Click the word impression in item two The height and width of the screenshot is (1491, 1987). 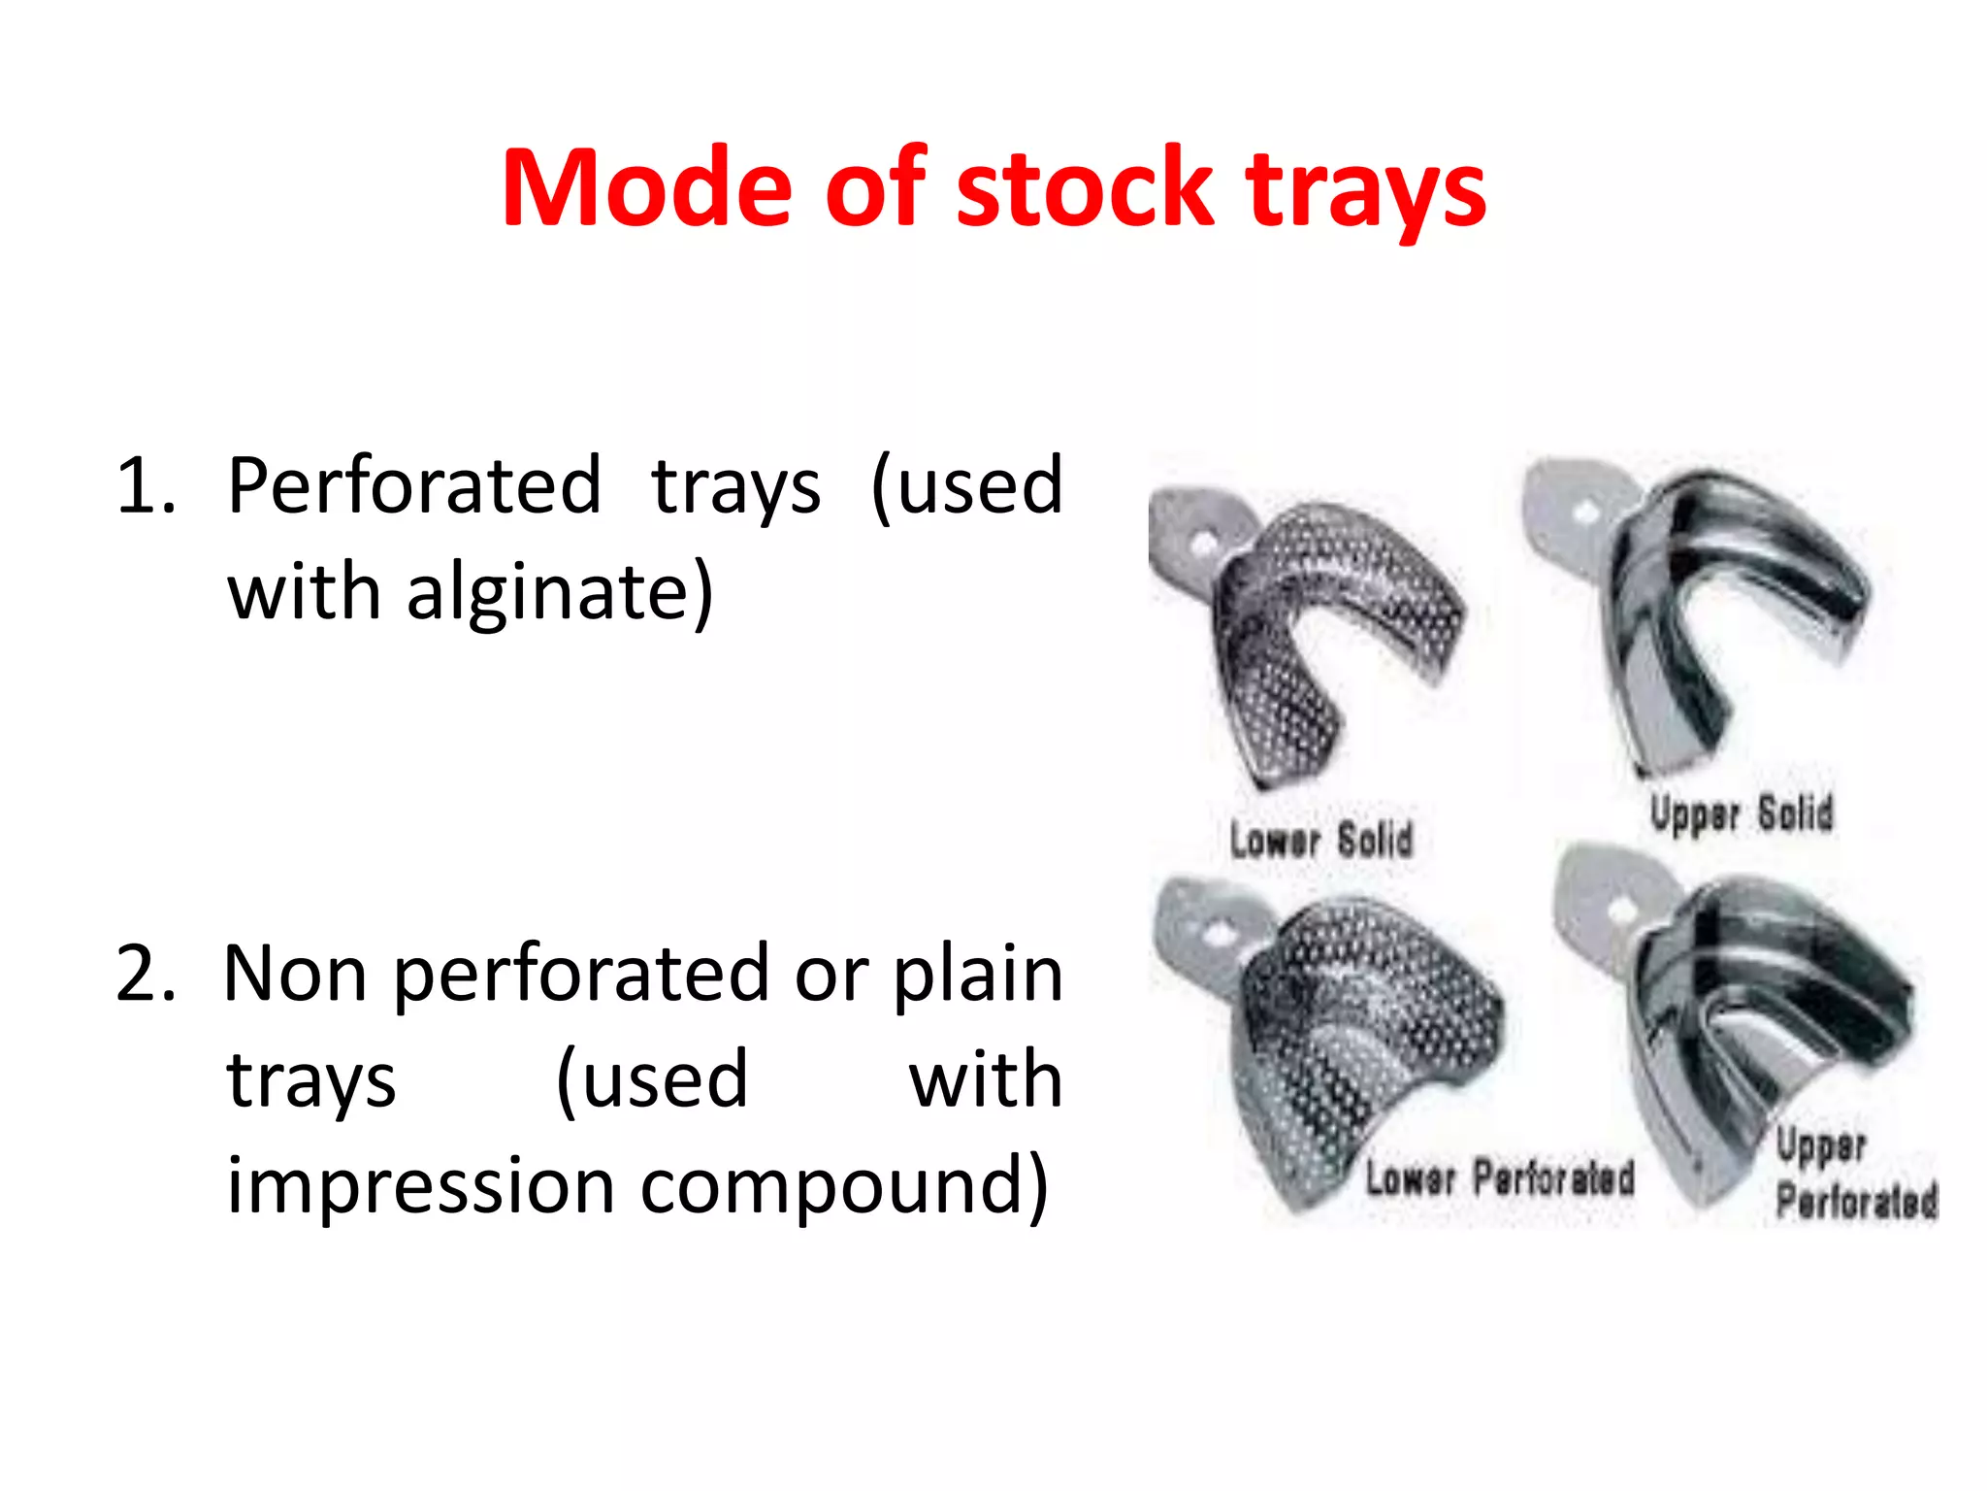(420, 1186)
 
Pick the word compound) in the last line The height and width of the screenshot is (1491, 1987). (844, 1186)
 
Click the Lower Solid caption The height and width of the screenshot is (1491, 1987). (1320, 840)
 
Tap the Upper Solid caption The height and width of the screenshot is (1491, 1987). (1742, 813)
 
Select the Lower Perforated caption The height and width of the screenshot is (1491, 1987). (1500, 1178)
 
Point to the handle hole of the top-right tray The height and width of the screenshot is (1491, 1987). (1587, 512)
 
